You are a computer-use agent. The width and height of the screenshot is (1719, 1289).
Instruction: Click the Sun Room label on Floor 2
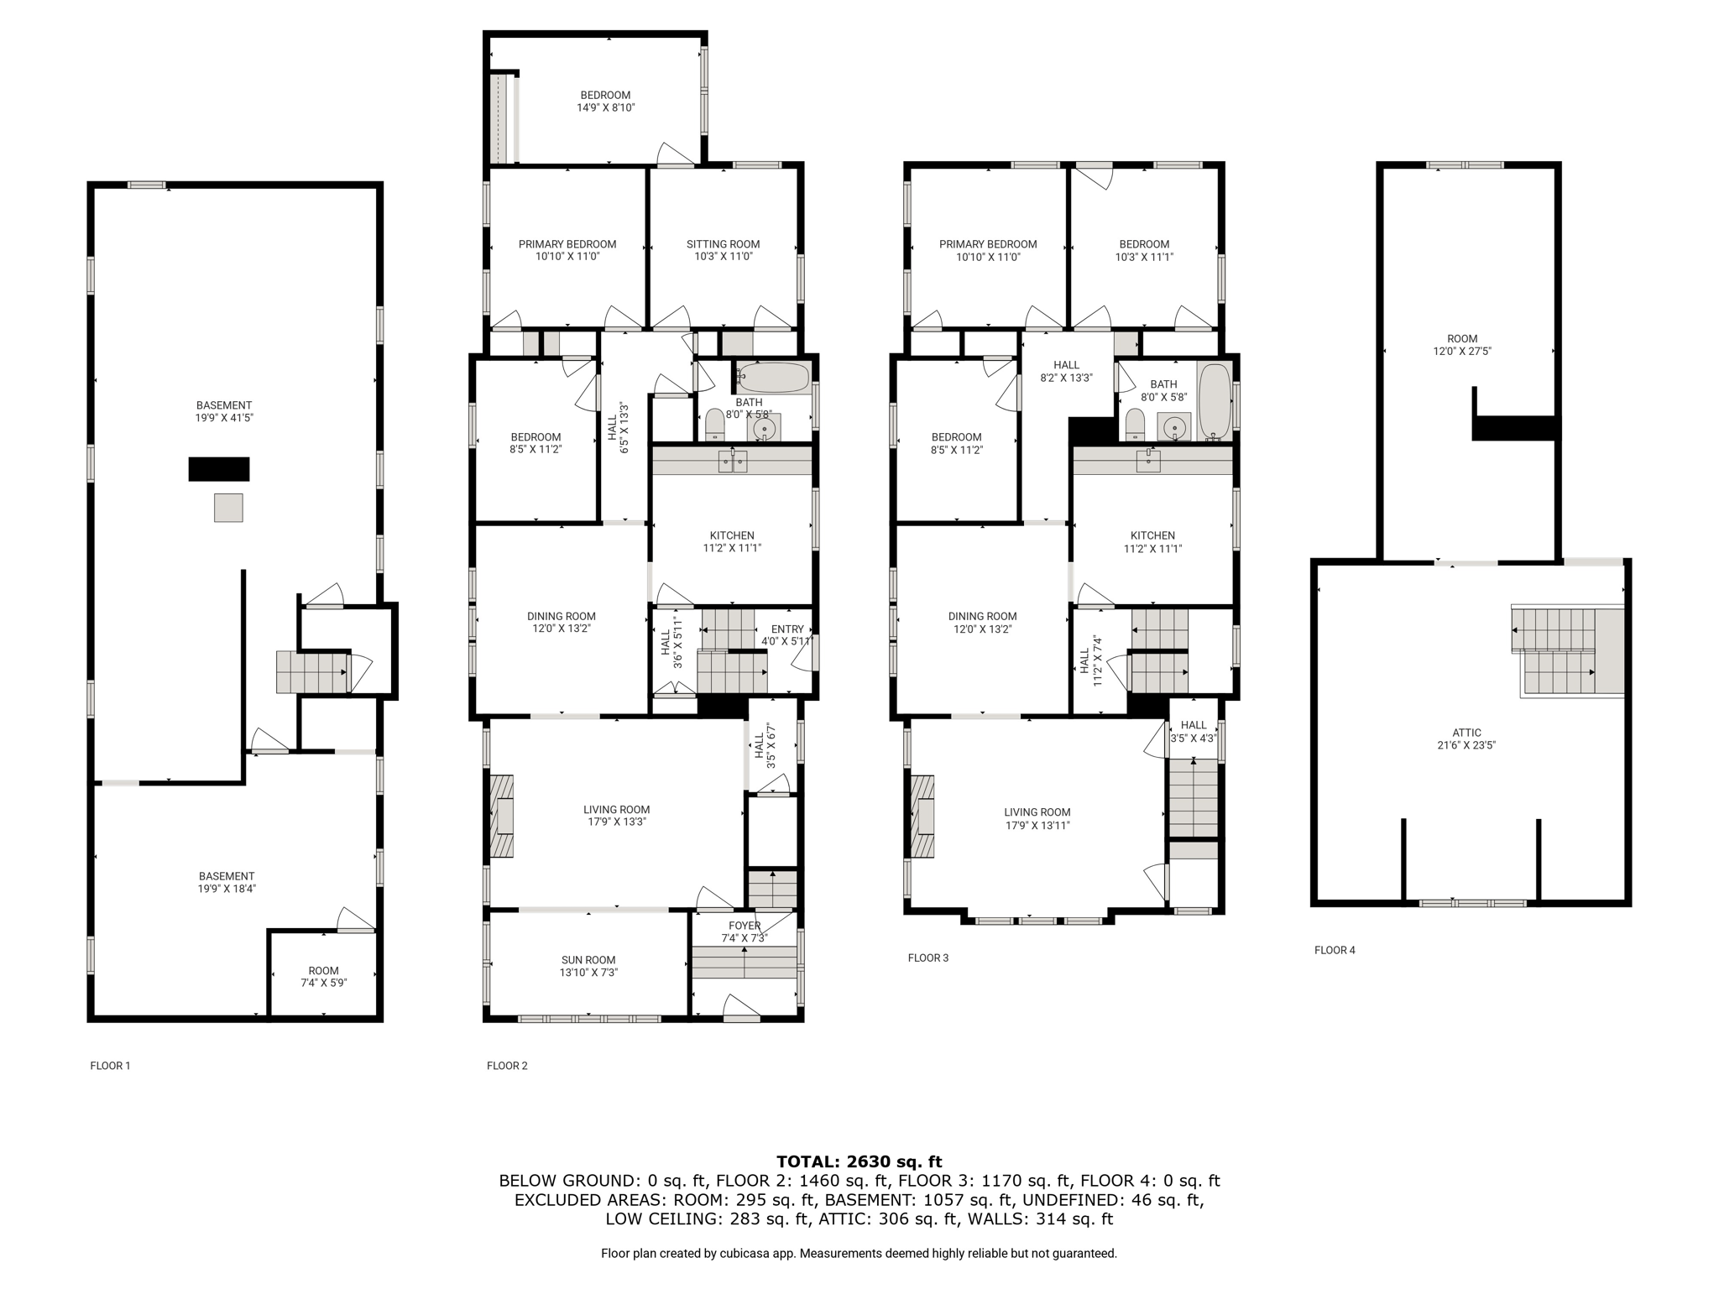point(588,960)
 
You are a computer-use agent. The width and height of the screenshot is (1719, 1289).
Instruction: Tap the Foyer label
point(745,926)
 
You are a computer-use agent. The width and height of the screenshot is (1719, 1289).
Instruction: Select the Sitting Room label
point(723,244)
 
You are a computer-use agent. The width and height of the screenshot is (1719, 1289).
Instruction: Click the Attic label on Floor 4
point(1467,733)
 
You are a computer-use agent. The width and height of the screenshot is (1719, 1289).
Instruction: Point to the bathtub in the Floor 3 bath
point(1214,401)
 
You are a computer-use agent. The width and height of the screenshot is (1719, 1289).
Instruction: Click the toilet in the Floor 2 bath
point(714,425)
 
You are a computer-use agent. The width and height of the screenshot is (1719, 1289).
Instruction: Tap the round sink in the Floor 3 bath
point(1175,426)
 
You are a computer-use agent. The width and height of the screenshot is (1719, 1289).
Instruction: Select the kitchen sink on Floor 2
point(732,461)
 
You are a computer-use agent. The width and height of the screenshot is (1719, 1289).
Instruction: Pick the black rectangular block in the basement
point(219,469)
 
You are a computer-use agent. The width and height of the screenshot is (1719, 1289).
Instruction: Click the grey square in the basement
point(228,508)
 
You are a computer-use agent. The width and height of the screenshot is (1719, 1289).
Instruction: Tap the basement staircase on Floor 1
point(312,672)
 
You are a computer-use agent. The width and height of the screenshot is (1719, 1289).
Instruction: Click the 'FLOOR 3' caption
point(928,958)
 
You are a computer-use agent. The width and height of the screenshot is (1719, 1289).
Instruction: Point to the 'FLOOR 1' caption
point(110,1066)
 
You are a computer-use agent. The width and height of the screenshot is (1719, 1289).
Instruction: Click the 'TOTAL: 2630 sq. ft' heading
point(859,1161)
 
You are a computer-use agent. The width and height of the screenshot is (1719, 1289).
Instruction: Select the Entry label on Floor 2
point(787,629)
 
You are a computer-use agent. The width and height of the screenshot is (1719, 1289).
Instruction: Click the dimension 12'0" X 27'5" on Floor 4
point(1462,352)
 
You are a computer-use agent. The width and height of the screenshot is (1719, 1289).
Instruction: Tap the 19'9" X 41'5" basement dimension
point(224,417)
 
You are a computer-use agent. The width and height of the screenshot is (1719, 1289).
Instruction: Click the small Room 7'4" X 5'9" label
point(323,976)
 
